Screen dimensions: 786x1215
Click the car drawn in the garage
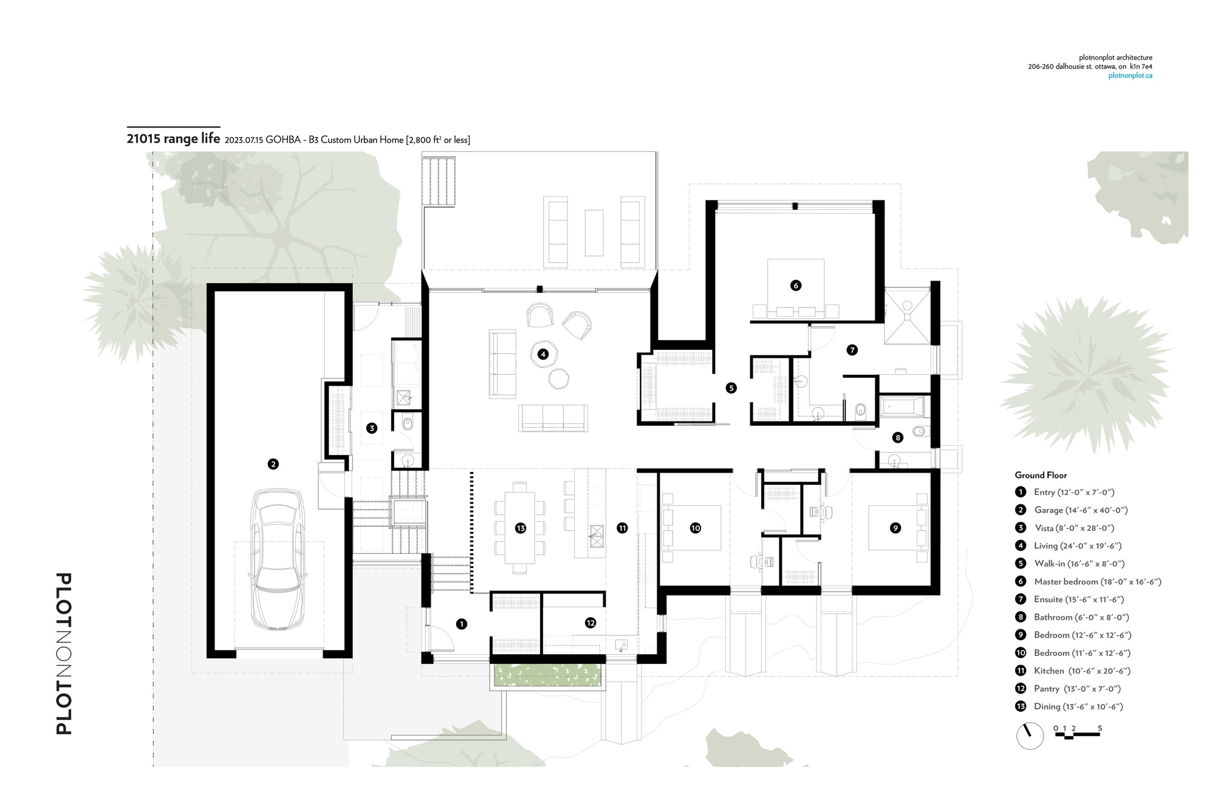coord(276,559)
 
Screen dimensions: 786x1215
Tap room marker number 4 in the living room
coord(543,354)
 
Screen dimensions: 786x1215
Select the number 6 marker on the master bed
coord(796,285)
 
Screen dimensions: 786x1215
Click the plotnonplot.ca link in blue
coord(1130,76)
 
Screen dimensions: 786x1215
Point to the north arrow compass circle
coord(1030,736)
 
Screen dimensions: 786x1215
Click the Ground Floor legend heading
coord(1041,475)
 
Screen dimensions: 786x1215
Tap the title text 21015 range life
coord(173,138)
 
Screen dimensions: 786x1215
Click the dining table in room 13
coord(519,527)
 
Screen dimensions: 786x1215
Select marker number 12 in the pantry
coord(590,623)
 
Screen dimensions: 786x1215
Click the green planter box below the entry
coord(549,675)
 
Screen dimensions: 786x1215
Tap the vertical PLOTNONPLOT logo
coord(64,653)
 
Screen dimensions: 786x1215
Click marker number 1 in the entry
coord(462,624)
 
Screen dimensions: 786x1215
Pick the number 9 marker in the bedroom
coord(895,528)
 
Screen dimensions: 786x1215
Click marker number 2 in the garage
coord(273,464)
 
